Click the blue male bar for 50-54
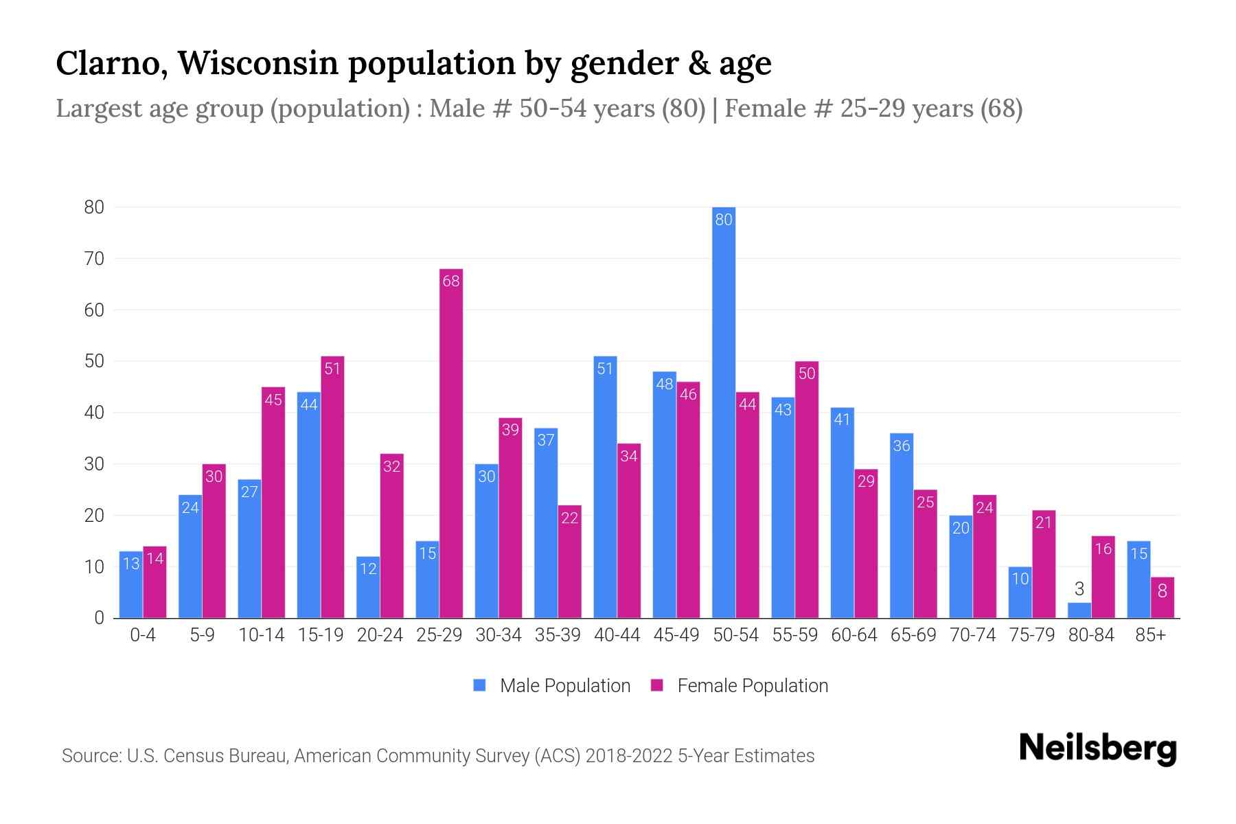coord(724,412)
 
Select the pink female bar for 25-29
coord(451,444)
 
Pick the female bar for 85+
coord(1163,598)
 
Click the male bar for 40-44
coord(605,488)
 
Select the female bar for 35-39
coord(570,562)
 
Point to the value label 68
coord(451,281)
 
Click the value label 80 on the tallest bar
coord(724,220)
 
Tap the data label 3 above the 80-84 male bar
coord(1079,589)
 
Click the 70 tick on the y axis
coord(94,259)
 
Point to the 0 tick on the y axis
coord(99,618)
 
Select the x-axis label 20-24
coord(380,635)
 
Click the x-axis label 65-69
coord(913,635)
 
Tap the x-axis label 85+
coord(1150,635)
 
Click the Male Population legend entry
coord(552,686)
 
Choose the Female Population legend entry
coord(740,686)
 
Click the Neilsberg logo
coord(1097,748)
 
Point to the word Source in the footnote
coord(91,756)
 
